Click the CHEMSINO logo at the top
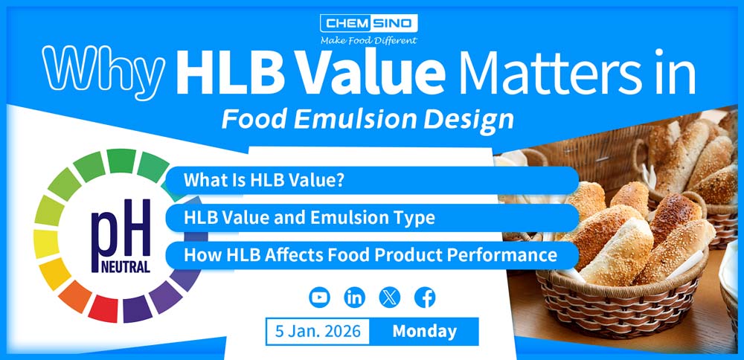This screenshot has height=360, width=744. click(369, 23)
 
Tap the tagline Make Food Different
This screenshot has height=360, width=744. click(369, 40)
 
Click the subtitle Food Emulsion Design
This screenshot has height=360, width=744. click(368, 120)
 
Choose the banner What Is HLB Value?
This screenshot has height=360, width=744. click(372, 180)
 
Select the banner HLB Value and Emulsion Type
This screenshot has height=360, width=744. click(372, 218)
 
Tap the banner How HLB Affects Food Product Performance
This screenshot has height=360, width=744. click(372, 255)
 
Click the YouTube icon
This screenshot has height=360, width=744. click(319, 298)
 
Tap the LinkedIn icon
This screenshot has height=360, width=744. click(354, 298)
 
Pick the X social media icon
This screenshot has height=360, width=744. click(390, 298)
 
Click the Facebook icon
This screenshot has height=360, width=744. click(425, 298)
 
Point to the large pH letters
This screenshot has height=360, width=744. click(121, 230)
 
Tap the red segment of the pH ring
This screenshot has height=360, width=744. click(103, 308)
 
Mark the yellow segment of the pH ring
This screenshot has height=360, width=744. click(46, 244)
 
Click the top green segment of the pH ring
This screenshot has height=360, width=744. click(121, 161)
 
